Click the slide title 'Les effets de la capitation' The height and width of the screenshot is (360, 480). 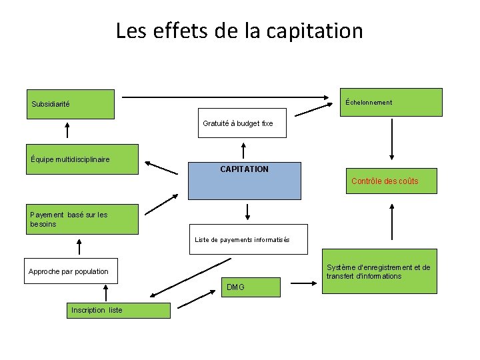point(239,31)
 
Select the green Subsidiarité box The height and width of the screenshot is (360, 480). point(70,104)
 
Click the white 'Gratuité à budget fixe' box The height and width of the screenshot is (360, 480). point(242,123)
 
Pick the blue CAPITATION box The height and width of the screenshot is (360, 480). point(244,181)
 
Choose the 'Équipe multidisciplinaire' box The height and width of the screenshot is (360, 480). point(81,159)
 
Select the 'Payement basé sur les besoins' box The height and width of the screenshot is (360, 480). point(81,219)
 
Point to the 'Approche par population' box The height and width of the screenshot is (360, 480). point(71,271)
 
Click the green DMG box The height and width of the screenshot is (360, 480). point(251,287)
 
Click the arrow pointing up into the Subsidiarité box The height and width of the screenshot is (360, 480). point(67,129)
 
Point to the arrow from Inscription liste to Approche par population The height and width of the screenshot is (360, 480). point(106,293)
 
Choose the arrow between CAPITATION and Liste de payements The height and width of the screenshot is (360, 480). point(248,212)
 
